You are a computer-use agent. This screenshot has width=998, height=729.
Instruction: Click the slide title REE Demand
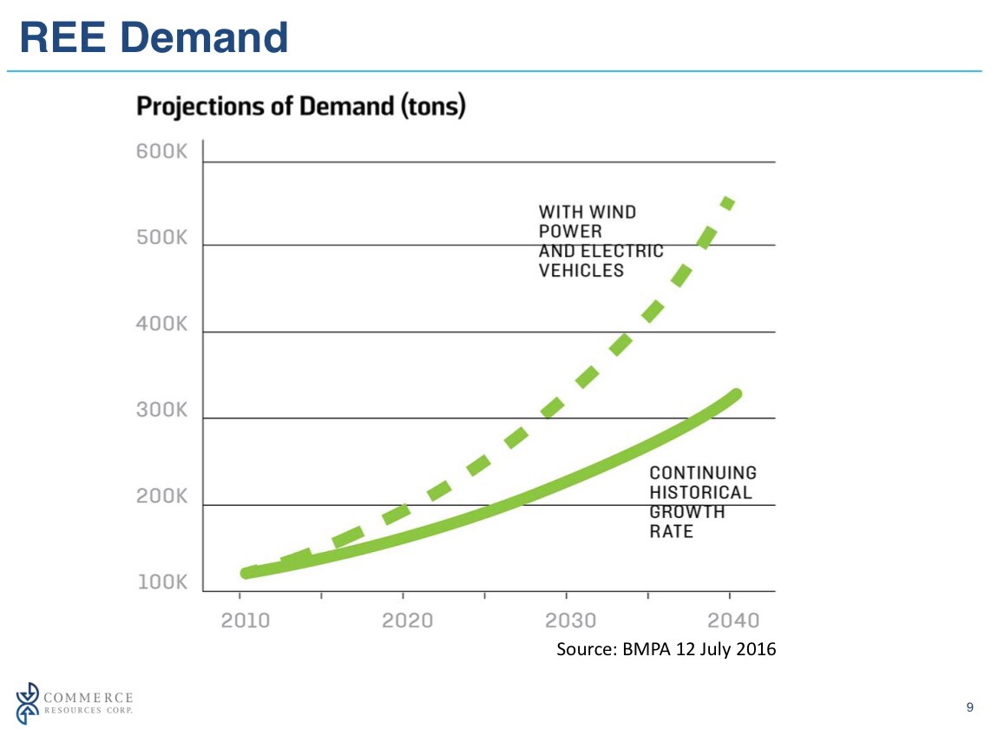pos(154,38)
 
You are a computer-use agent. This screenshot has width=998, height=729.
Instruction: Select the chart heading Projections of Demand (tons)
pos(302,108)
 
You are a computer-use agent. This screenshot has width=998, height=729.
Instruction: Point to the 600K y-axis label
pos(162,152)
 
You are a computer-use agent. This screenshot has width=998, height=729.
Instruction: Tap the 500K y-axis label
pos(162,239)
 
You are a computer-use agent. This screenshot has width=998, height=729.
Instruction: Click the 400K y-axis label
pos(162,325)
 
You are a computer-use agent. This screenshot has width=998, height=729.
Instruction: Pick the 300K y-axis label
pos(162,410)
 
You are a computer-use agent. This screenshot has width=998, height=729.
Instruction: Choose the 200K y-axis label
pos(162,497)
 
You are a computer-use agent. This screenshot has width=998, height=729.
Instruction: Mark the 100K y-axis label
pos(162,582)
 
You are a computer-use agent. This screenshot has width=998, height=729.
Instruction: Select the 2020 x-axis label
pos(407,621)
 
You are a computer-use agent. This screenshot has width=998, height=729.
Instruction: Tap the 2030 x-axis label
pos(570,621)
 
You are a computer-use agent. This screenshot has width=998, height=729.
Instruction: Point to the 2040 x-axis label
pos(733,621)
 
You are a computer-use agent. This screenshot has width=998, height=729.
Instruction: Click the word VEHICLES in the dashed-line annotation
pos(581,271)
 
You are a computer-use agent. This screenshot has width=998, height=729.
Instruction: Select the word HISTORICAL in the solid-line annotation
pos(701,492)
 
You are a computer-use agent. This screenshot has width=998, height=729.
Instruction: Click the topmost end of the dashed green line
pos(729,202)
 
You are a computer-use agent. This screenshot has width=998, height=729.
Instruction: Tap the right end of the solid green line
pos(735,395)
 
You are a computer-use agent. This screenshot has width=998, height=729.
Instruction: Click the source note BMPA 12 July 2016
pos(666,649)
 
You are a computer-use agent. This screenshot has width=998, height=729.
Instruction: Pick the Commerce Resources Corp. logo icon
pos(29,702)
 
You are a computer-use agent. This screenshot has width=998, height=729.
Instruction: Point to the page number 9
pos(969,706)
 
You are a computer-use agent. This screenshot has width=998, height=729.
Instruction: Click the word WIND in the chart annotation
pos(614,212)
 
